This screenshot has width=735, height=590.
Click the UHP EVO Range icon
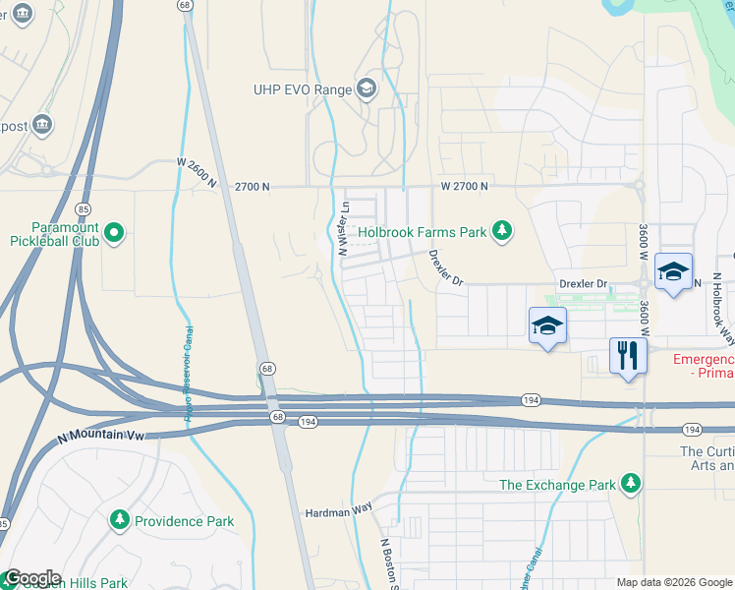coord(367,89)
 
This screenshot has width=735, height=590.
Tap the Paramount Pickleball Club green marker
coord(115,233)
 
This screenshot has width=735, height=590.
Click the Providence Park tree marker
coord(120,519)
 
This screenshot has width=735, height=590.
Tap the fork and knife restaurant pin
coord(626,355)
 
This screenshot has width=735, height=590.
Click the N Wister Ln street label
coord(344,228)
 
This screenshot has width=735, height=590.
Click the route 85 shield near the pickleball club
coord(83,209)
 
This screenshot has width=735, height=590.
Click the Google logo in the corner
coord(32,578)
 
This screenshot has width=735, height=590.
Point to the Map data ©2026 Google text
coord(672,582)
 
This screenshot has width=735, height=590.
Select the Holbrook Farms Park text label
coord(423,233)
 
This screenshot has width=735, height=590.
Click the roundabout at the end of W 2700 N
coord(639,185)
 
